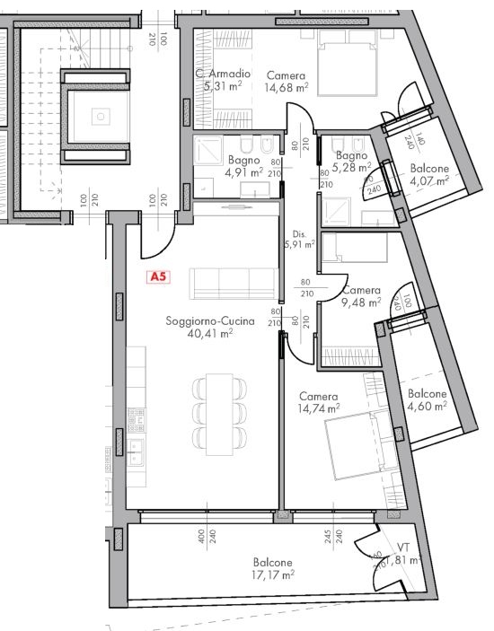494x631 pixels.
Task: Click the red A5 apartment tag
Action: tap(158, 277)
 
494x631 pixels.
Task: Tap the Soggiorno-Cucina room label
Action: tap(210, 320)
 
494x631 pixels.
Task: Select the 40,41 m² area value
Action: tap(210, 333)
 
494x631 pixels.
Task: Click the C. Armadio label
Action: tap(223, 74)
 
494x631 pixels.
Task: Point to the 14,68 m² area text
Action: tap(286, 88)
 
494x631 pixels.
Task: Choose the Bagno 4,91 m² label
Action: tap(243, 165)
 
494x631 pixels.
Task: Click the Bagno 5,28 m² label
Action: tap(351, 160)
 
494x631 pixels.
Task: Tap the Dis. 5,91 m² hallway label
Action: tap(298, 237)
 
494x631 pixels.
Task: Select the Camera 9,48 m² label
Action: tap(361, 296)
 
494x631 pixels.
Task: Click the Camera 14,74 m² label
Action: tap(319, 402)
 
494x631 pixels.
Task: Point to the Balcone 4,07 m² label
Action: tap(429, 174)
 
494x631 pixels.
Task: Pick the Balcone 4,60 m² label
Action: tap(427, 399)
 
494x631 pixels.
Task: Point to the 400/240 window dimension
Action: tap(206, 539)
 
